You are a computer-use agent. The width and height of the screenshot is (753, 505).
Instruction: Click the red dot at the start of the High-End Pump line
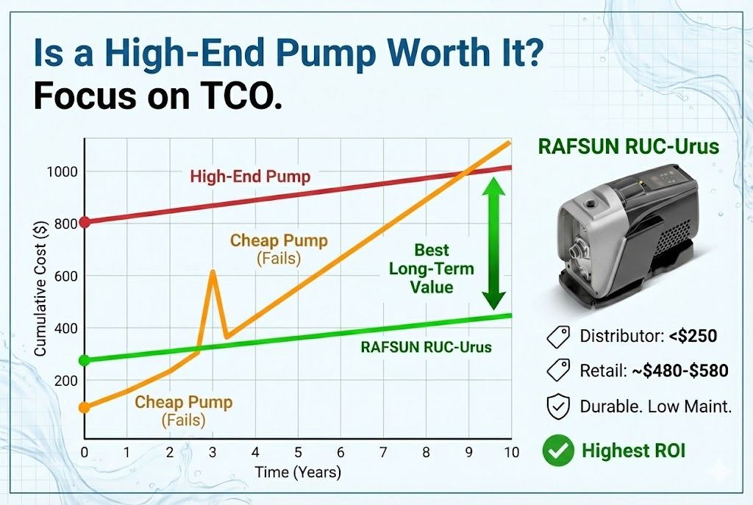point(85,222)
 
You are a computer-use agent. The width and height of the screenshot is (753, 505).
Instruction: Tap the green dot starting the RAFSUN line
point(85,360)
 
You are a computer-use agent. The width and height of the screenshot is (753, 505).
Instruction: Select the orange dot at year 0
point(85,407)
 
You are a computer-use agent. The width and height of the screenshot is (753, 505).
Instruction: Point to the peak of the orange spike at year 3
point(213,272)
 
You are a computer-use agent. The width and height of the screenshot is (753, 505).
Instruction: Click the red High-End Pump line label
point(250,176)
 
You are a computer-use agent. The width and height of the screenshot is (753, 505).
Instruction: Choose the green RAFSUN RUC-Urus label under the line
point(426,347)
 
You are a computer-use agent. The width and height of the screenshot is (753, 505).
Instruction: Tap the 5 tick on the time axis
point(298,452)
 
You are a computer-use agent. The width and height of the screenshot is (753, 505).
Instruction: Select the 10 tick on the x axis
point(510,452)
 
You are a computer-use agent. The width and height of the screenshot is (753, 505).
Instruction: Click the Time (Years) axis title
point(298,472)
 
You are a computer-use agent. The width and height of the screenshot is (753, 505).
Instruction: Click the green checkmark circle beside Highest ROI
point(557,450)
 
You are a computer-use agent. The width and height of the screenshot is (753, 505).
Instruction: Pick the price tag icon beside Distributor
point(557,337)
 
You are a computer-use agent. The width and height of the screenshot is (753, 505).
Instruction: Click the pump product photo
point(628,236)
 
